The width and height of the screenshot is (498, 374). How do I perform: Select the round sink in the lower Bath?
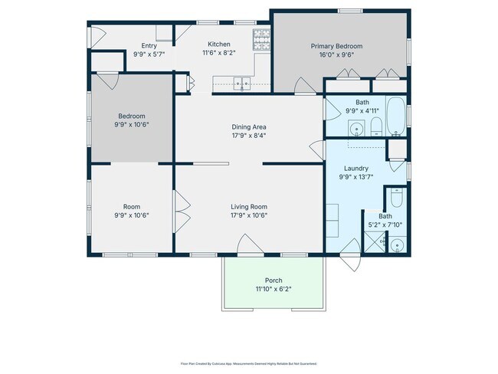pos(396,245)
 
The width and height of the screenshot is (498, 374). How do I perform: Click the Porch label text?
pos(273,280)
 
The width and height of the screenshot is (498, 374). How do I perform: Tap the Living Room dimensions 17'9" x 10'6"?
pos(249,215)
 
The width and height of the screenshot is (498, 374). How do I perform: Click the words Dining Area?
pos(249,126)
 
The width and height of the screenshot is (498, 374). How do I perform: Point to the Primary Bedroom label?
pos(336,46)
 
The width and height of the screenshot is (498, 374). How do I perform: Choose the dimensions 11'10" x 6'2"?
pos(273,289)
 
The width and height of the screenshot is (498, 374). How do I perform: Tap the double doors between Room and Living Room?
pos(182,211)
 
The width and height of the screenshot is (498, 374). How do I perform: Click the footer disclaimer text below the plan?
pos(248,363)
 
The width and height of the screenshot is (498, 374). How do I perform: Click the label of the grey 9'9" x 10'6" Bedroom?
pos(131,116)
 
